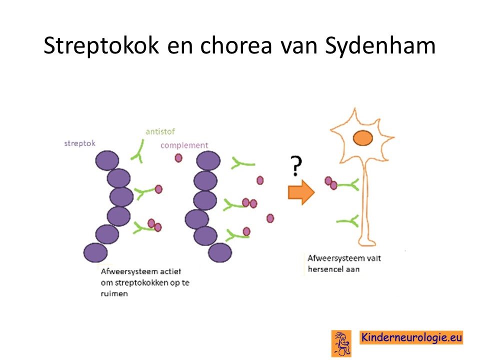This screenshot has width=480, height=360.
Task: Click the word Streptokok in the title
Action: (x=101, y=45)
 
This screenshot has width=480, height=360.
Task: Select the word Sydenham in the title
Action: (x=380, y=45)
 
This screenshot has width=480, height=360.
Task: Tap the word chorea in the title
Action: (x=236, y=45)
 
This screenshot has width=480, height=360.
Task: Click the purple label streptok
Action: (x=79, y=143)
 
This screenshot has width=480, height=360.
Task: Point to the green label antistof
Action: (x=160, y=131)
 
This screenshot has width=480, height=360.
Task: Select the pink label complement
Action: (x=184, y=145)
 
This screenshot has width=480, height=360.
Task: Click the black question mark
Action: (x=295, y=165)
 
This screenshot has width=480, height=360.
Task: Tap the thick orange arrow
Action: (x=301, y=192)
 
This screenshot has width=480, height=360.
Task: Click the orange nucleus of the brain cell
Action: (x=363, y=138)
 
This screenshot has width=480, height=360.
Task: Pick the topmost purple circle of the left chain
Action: (x=107, y=160)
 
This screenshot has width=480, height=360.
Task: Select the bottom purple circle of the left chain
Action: (x=95, y=252)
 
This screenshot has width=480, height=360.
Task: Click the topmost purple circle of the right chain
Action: (x=208, y=160)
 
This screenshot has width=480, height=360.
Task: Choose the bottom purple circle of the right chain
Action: (x=220, y=252)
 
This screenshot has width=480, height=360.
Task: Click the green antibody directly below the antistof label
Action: (x=138, y=151)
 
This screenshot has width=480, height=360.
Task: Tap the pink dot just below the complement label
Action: (x=178, y=158)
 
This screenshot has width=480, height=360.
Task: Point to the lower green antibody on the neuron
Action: (x=348, y=221)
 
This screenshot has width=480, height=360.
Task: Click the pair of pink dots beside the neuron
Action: (x=331, y=183)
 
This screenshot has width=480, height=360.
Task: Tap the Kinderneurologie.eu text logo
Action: (x=411, y=337)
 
